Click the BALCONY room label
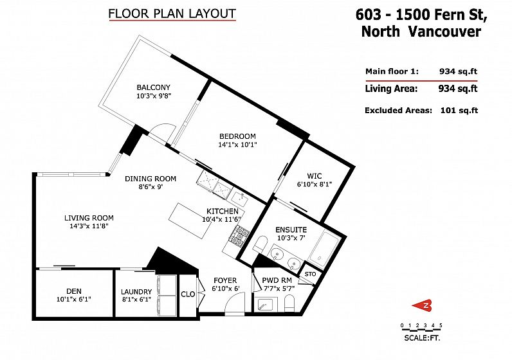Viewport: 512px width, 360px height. (154, 87)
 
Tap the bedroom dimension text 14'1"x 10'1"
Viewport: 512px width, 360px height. (237, 145)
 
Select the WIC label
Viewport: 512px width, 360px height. (314, 176)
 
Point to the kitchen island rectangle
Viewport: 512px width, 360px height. (190, 222)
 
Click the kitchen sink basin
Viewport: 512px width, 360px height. (240, 197)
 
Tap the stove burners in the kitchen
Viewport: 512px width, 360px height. (241, 234)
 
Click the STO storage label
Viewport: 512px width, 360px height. (310, 274)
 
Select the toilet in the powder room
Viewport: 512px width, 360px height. (289, 303)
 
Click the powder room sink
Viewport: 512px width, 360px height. (266, 304)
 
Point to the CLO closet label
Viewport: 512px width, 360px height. (188, 294)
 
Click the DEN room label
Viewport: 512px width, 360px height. (74, 291)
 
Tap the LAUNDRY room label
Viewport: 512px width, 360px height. (136, 292)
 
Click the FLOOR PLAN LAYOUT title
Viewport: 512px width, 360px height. (172, 14)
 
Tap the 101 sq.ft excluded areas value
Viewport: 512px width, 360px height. (459, 111)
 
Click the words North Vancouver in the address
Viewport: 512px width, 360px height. (421, 32)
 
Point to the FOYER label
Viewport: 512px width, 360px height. (225, 281)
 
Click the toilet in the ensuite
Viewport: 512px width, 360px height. (261, 244)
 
